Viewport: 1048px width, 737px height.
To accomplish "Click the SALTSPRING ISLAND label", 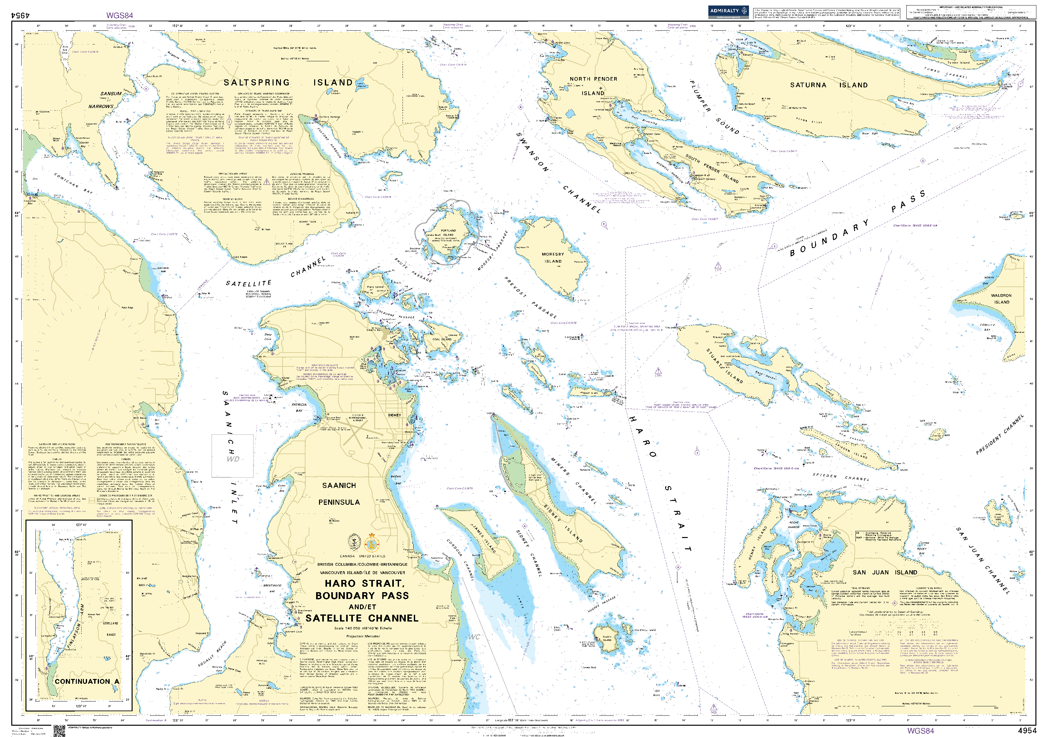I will [288, 83].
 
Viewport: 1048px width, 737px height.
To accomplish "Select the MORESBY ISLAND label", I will [553, 258].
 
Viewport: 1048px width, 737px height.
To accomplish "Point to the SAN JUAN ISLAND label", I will [884, 572].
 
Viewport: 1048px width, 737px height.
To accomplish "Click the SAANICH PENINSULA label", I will [339, 494].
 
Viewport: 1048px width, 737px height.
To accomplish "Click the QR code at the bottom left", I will [59, 731].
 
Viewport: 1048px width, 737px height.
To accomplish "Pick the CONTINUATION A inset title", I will [87, 681].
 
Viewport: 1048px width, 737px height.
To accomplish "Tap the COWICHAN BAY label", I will [73, 183].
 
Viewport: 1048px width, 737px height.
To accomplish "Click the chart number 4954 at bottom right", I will [1027, 731].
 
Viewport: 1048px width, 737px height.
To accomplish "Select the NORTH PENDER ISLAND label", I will [593, 86].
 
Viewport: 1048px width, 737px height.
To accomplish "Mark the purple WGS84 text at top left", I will [120, 15].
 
